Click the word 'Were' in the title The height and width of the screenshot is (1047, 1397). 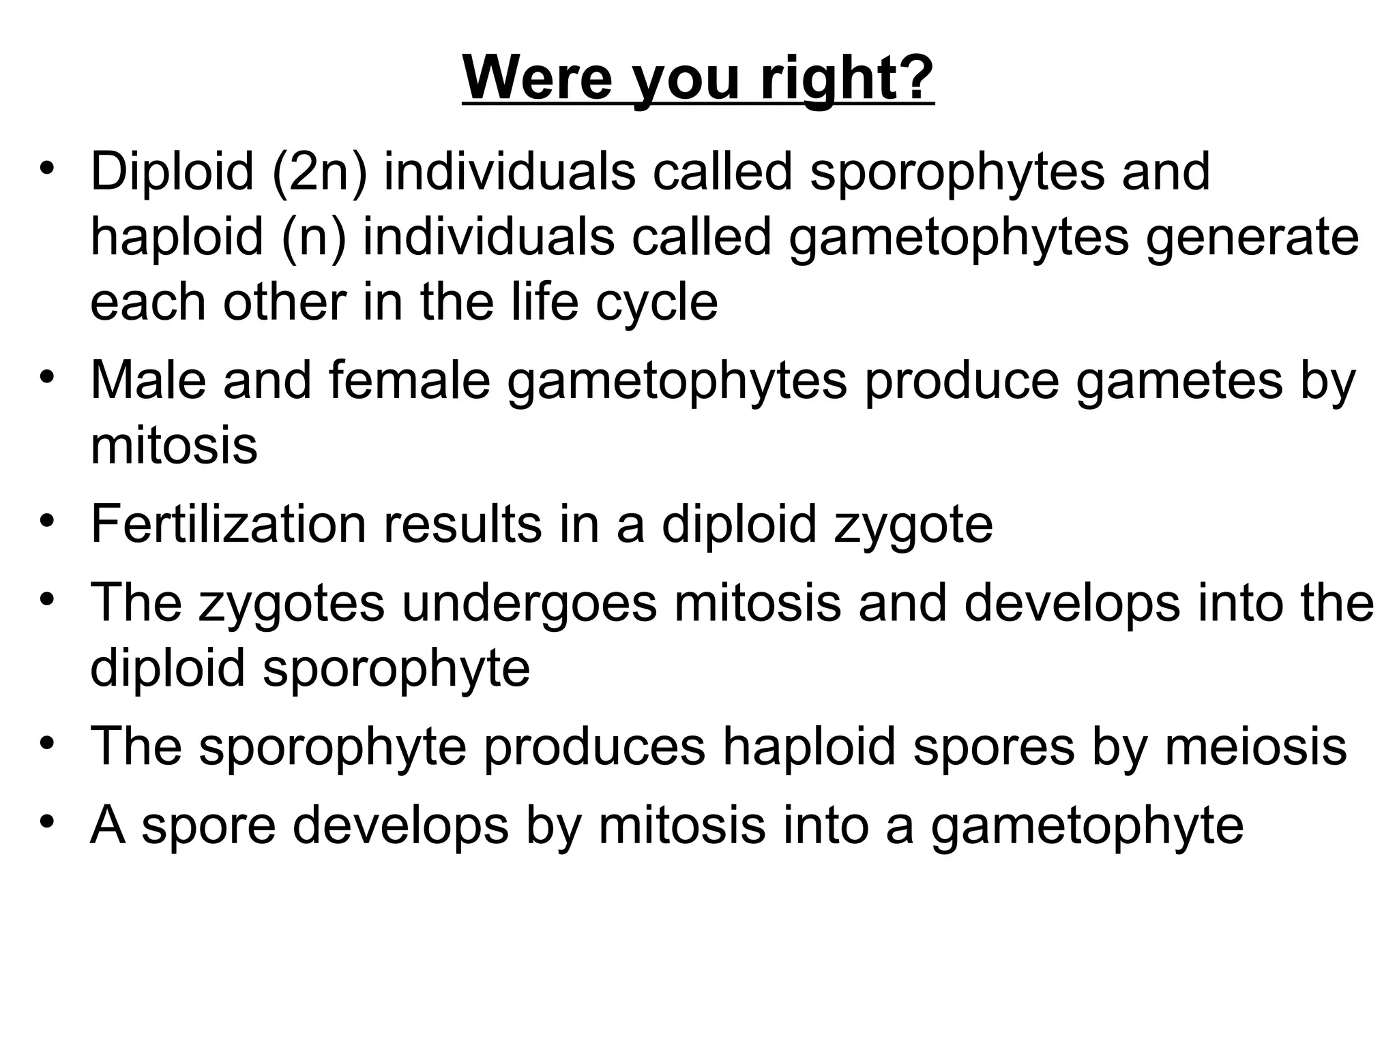point(538,78)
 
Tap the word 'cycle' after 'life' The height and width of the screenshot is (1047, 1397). point(656,303)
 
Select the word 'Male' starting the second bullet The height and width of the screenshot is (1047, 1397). point(148,380)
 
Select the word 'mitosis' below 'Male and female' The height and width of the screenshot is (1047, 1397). point(174,446)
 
